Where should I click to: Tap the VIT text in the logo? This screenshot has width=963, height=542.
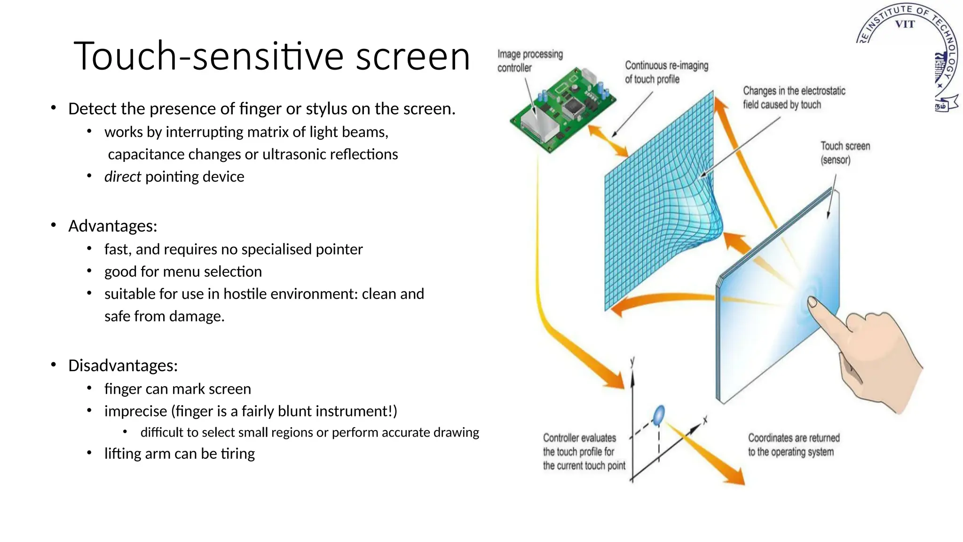pyautogui.click(x=904, y=24)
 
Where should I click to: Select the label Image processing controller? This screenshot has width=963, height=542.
pyautogui.click(x=530, y=61)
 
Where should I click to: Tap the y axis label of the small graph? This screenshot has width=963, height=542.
pyautogui.click(x=632, y=361)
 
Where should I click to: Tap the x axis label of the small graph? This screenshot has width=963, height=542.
pyautogui.click(x=705, y=419)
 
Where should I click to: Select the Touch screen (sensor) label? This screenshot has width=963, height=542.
pyautogui.click(x=845, y=153)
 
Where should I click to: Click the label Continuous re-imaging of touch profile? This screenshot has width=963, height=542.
pyautogui.click(x=666, y=72)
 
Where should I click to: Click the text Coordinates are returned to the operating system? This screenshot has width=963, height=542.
pyautogui.click(x=793, y=445)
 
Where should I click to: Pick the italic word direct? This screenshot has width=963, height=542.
pyautogui.click(x=122, y=177)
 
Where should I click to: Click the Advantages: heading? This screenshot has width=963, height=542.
pyautogui.click(x=112, y=226)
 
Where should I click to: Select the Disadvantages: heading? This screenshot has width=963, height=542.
pyautogui.click(x=123, y=366)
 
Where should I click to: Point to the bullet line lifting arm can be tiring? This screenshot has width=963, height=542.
pyautogui.click(x=179, y=454)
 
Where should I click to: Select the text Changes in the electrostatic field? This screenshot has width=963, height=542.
pyautogui.click(x=794, y=97)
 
